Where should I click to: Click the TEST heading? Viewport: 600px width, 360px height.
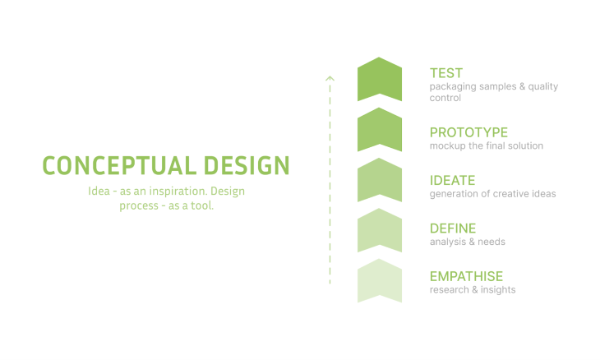point(446,73)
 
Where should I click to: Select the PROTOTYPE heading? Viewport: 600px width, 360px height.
point(468,132)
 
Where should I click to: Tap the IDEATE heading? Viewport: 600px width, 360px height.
point(452,180)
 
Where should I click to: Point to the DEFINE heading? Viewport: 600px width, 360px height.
point(453,228)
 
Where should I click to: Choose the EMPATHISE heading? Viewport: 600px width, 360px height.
point(466,276)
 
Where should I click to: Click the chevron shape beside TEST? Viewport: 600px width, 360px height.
point(380,80)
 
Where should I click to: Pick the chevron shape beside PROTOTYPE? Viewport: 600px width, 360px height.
point(380,130)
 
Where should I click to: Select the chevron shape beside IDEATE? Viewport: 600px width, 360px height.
point(380,180)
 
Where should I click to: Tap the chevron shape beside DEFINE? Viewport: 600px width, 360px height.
point(380,230)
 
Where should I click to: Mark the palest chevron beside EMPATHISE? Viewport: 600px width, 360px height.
point(380,280)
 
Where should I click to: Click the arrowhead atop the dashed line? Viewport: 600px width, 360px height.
point(330,79)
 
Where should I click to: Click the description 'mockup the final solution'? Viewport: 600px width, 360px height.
point(486,146)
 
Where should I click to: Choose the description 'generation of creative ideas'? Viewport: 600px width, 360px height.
point(492,194)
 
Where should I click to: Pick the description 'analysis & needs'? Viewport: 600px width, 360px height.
point(467,242)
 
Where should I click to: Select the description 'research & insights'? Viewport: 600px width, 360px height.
point(473,289)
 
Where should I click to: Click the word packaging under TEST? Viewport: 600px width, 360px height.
point(453,86)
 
